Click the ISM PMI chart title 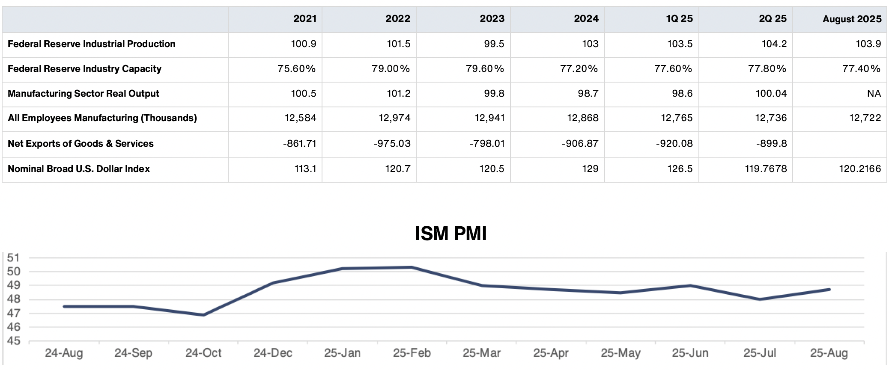tap(450, 234)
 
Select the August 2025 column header tap(852, 19)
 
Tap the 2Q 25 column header tap(773, 19)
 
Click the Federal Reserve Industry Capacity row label tap(84, 69)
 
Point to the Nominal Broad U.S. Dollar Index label tap(79, 169)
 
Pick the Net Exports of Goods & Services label tap(81, 144)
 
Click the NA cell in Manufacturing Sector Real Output tap(874, 94)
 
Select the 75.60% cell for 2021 tap(296, 69)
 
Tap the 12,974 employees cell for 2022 tap(394, 118)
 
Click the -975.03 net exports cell tap(392, 144)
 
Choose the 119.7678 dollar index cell tap(766, 169)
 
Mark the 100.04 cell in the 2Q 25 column tap(771, 94)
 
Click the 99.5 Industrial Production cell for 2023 tap(494, 44)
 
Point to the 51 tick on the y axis tap(14, 258)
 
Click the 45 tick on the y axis tap(14, 341)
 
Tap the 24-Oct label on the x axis tap(203, 353)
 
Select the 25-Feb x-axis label tap(412, 353)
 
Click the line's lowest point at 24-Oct tap(203, 315)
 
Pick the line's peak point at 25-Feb tap(412, 267)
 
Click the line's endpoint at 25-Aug tap(829, 290)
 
